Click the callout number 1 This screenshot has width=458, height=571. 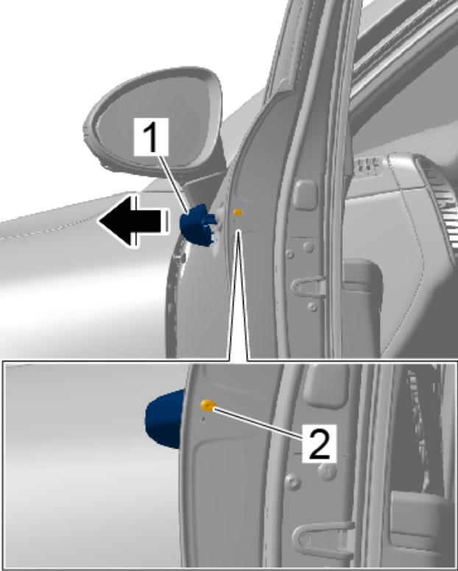151,136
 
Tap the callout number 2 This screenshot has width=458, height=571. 320,444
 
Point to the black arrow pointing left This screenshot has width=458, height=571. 133,221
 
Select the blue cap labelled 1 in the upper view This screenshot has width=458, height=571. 197,225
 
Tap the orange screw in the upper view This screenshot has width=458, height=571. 238,212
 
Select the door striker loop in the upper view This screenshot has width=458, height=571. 309,286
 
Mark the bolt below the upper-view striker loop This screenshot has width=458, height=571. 312,306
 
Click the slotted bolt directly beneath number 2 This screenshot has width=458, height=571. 327,472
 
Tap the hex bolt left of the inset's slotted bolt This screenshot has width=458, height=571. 294,482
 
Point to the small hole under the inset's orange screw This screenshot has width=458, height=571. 203,420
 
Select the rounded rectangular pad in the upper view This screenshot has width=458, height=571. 305,195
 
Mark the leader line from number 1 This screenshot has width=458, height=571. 174,183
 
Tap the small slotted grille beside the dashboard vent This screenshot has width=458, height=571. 367,167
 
